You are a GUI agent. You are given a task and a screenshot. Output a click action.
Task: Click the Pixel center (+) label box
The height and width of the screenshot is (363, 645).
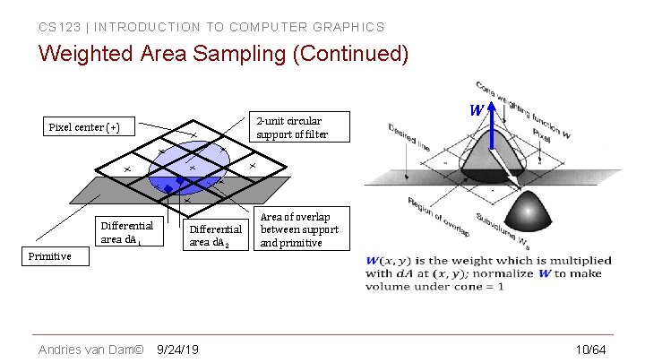point(84,127)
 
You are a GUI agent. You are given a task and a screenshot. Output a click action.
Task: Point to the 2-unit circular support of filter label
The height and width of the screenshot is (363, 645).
point(293,127)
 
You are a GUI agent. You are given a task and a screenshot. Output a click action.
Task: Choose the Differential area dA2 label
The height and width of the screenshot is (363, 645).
point(216,236)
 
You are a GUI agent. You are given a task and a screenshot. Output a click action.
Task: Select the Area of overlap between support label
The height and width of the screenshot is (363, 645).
point(299,229)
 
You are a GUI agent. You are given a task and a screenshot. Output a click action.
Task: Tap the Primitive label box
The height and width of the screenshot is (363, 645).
point(48,256)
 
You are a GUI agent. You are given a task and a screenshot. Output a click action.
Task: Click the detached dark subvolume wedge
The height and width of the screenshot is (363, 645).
point(526,212)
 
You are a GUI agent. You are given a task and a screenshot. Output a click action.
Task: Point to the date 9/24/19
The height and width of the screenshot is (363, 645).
point(177,349)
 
